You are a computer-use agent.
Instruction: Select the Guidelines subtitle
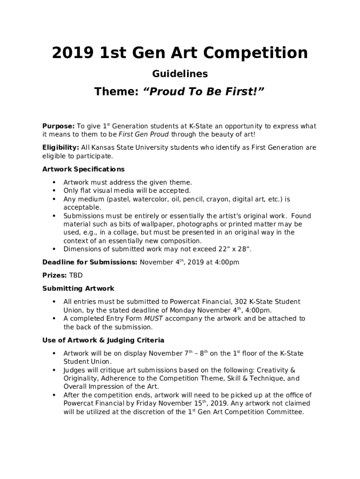(180, 74)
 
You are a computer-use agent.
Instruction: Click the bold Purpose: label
(58, 126)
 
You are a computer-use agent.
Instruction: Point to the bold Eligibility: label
(61, 148)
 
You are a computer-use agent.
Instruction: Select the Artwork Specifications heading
(83, 169)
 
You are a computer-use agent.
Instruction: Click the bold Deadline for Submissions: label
(90, 262)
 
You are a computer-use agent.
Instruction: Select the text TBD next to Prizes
(76, 276)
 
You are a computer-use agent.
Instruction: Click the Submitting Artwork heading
(78, 289)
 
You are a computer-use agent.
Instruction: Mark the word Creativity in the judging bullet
(273, 370)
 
